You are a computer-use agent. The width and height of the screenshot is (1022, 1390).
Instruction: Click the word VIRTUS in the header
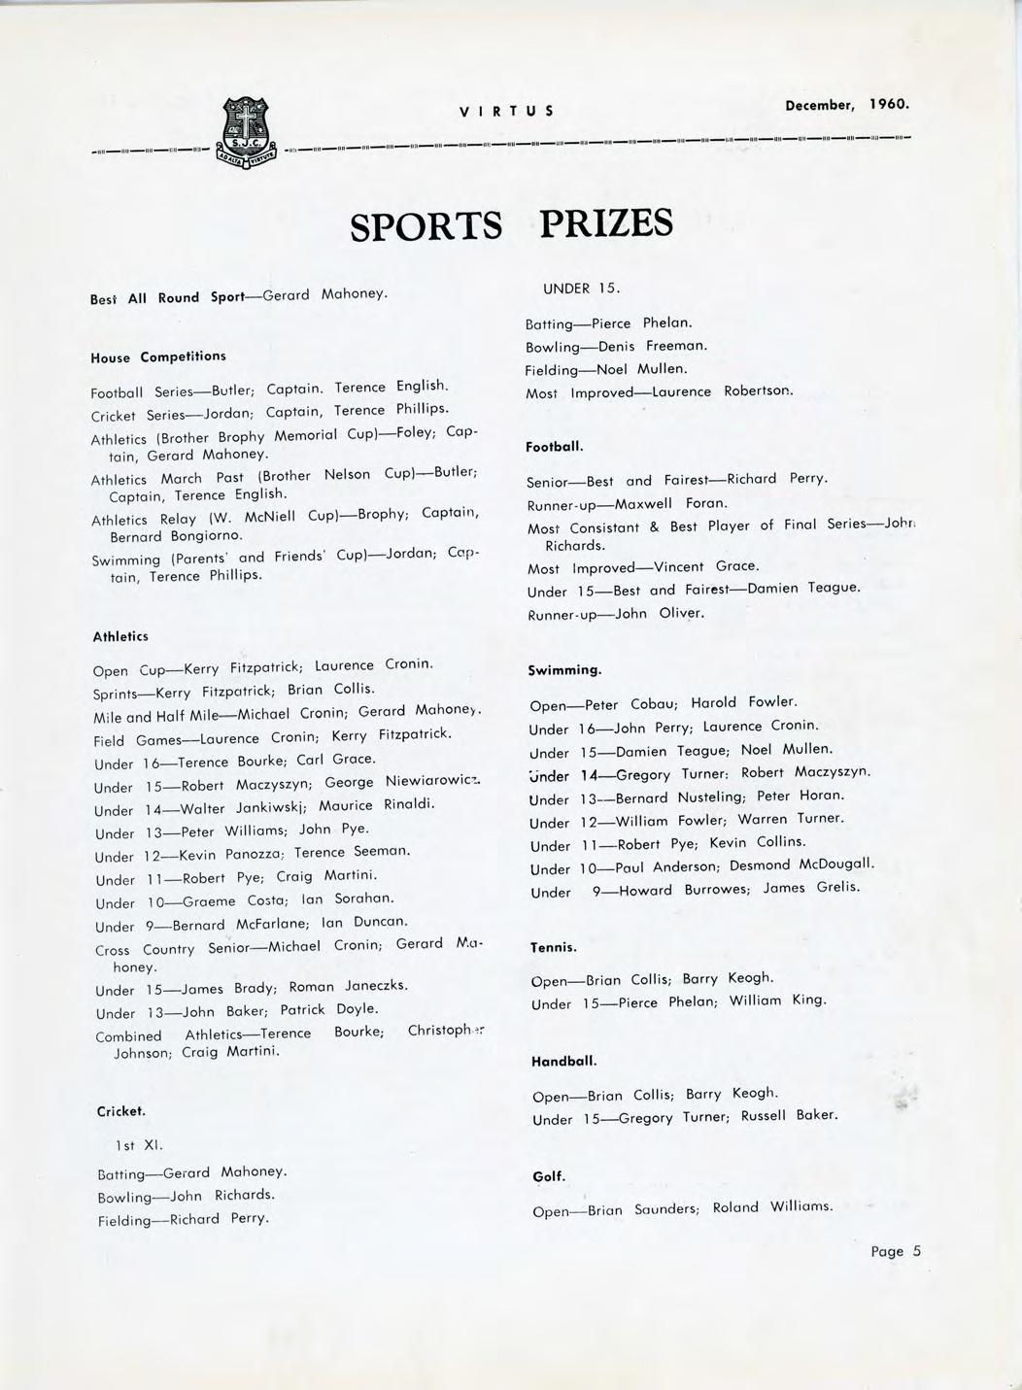[506, 111]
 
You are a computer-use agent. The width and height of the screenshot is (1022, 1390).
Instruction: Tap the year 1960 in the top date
[889, 103]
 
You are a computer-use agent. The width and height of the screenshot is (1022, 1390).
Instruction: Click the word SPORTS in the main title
[426, 227]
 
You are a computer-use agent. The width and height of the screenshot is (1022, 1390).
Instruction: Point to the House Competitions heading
[158, 356]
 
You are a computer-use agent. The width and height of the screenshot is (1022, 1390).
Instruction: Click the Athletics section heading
[120, 637]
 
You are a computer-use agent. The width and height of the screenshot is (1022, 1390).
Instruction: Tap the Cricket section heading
[121, 1110]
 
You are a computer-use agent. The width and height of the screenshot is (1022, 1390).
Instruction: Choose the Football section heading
[555, 447]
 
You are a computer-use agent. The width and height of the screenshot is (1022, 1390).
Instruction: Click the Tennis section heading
[554, 946]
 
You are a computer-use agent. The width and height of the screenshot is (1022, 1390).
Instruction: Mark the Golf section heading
[549, 1176]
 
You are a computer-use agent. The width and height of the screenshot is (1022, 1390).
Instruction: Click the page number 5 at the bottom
[915, 1251]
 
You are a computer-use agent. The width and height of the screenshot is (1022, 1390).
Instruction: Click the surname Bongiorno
[206, 535]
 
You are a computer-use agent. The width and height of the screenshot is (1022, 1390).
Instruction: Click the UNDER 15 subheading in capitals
[581, 288]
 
